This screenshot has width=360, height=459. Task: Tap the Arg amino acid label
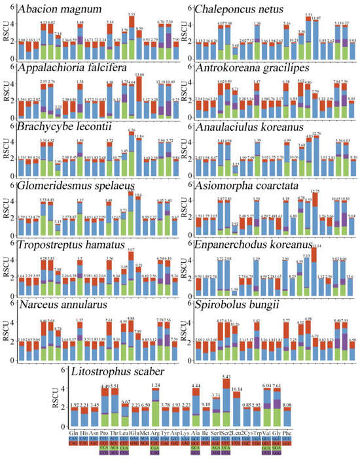point(155,433)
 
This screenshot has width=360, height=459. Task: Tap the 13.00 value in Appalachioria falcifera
point(139,75)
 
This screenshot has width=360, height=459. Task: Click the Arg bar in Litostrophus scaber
point(155,409)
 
